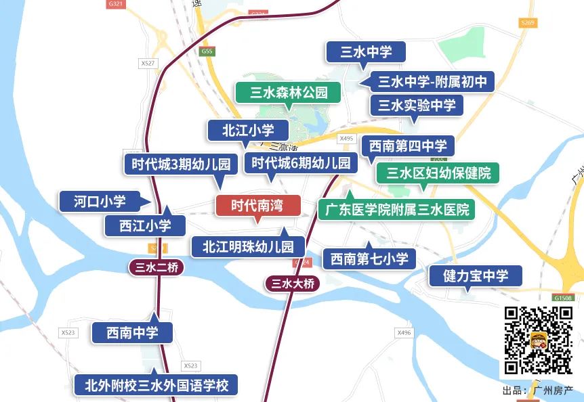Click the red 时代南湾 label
click(257, 205)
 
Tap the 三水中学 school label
click(366, 52)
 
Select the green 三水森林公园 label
click(289, 93)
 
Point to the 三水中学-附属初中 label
click(432, 82)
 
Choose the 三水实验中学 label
click(416, 106)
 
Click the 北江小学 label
click(249, 130)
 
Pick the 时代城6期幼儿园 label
click(301, 163)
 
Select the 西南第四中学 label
click(408, 146)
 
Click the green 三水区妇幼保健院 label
click(438, 173)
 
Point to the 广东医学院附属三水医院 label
click(397, 209)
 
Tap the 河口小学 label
click(100, 201)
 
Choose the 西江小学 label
click(145, 225)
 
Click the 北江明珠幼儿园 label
click(248, 247)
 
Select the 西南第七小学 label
click(369, 258)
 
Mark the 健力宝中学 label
click(476, 275)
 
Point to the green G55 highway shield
click(207, 51)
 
